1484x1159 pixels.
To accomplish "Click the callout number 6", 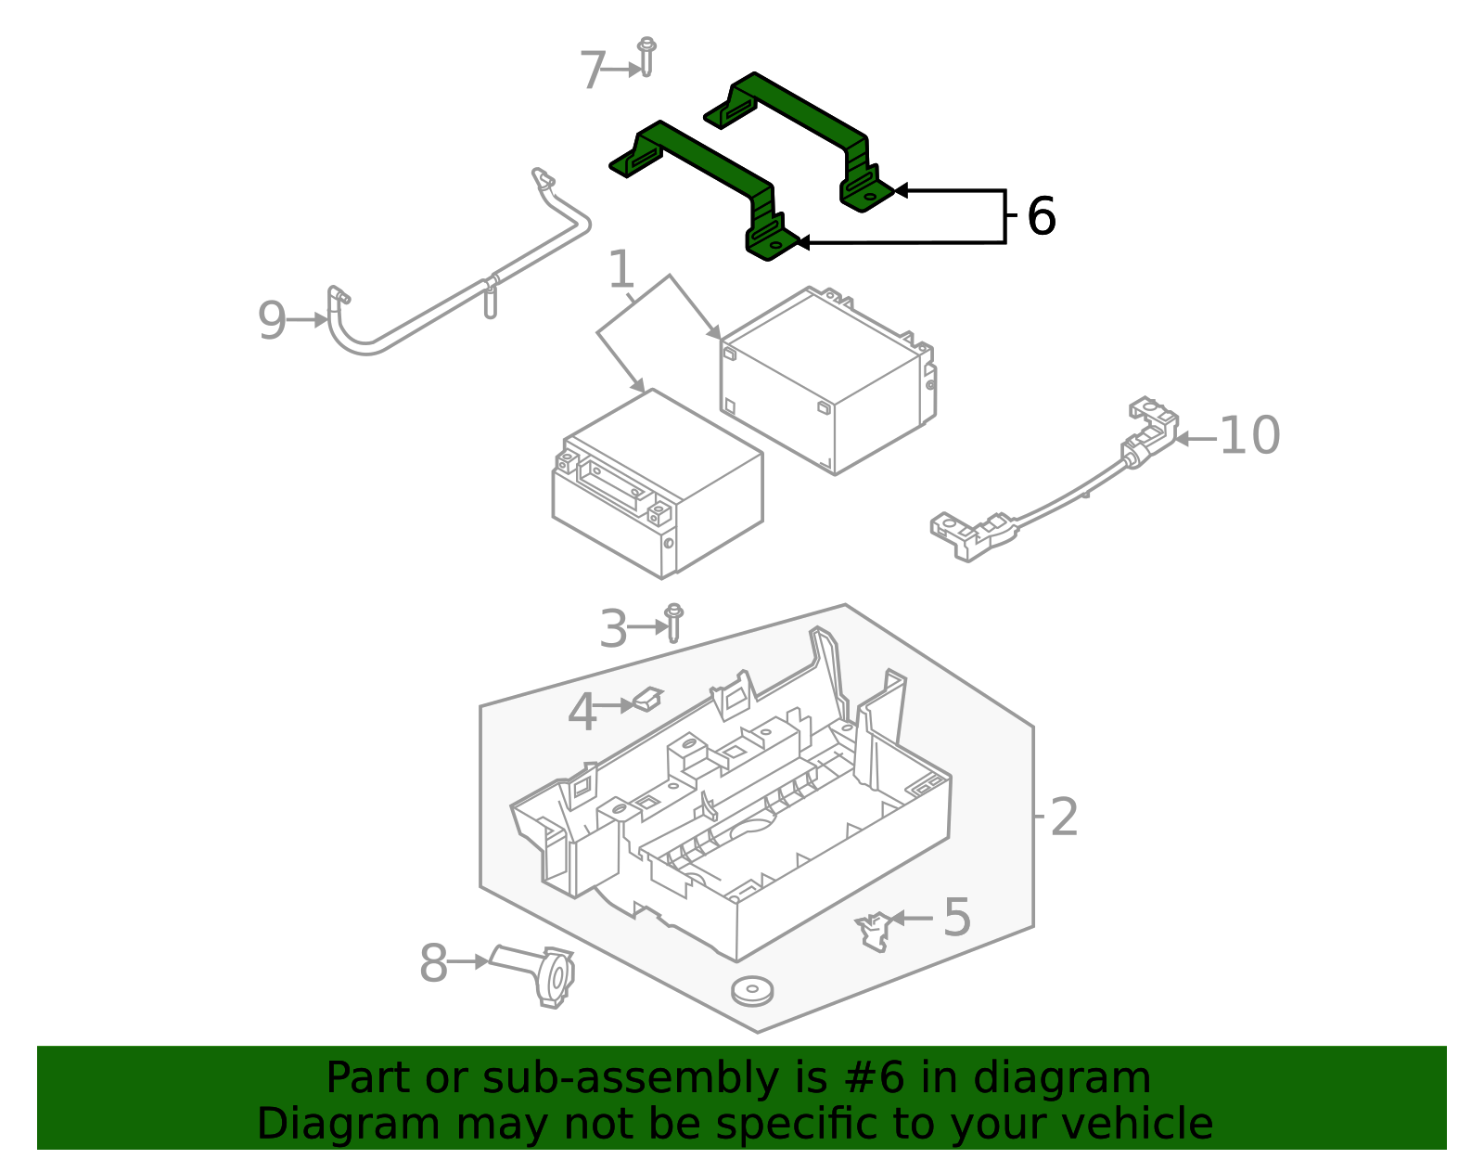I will coord(1042,216).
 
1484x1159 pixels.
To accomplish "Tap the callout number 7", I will coord(592,71).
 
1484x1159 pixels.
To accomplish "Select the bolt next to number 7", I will coord(646,57).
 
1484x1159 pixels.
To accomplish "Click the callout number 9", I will coord(272,320).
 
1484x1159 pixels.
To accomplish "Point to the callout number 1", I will coord(620,271).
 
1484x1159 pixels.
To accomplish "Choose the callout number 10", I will coord(1249,435).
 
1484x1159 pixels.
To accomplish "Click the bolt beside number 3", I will coord(674,622).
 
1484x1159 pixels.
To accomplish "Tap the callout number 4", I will coord(582,713).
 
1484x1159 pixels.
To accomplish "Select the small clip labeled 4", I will coord(647,698).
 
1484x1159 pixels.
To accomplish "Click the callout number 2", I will coord(1064,818).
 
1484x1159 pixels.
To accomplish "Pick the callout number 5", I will coord(956,917).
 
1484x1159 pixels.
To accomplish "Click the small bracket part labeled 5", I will coord(872,931).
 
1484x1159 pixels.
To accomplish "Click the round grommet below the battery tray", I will coord(752,989).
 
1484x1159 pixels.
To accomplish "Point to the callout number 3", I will coord(613,628).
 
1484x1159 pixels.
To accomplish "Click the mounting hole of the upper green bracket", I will coord(869,196).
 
